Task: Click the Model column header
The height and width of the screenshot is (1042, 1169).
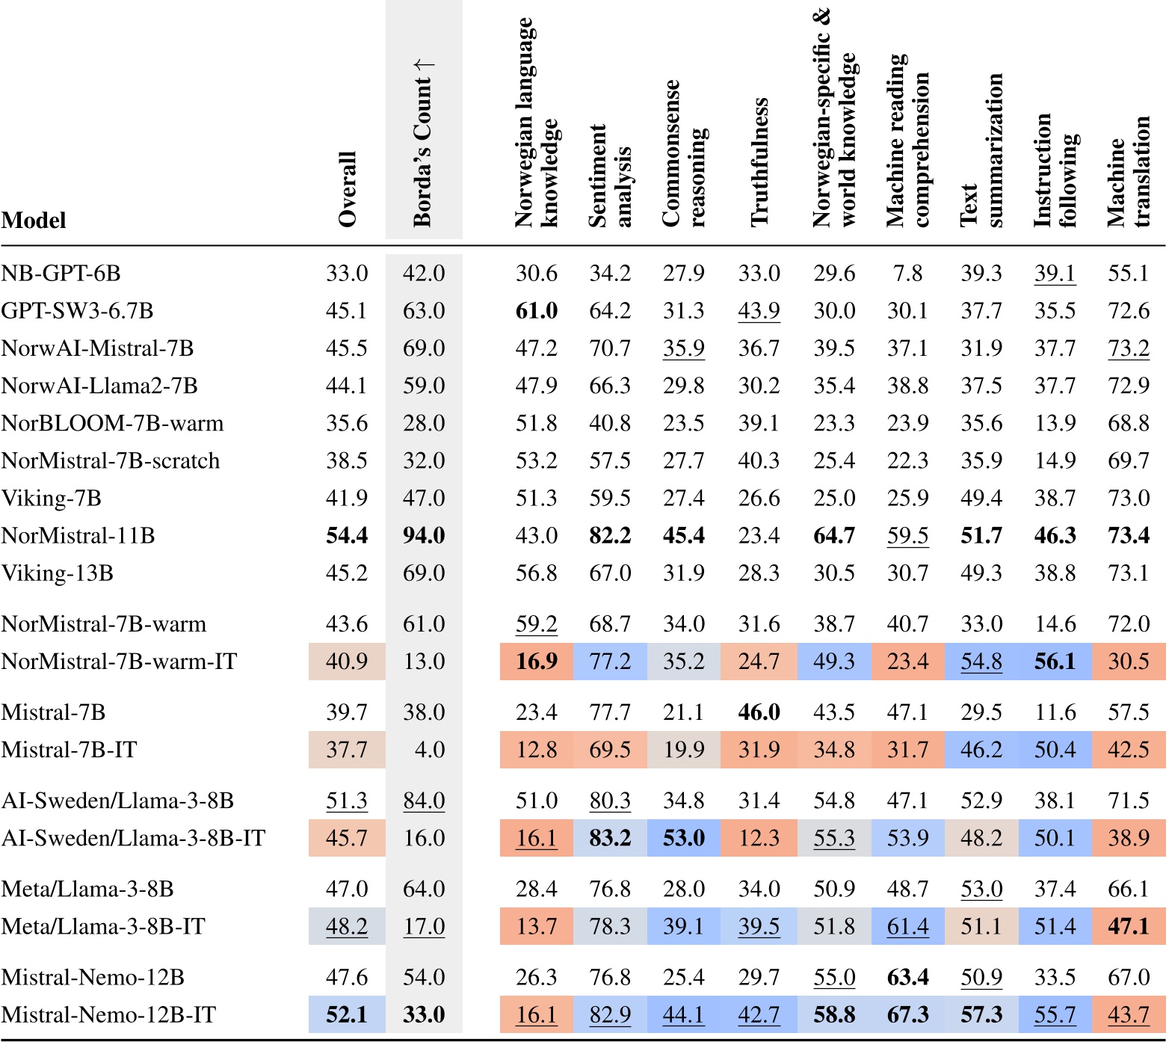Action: pyautogui.click(x=34, y=221)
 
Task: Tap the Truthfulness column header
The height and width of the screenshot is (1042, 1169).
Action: pyautogui.click(x=759, y=161)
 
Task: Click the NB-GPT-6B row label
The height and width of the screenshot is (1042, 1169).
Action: pyautogui.click(x=61, y=274)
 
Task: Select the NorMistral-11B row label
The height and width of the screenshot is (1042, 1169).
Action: pyautogui.click(x=78, y=536)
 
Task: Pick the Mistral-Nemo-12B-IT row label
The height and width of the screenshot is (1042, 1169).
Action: pyautogui.click(x=109, y=1015)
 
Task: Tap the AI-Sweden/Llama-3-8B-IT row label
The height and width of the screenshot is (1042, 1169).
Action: pyautogui.click(x=134, y=839)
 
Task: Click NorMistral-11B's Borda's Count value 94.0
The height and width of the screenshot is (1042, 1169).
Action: pyautogui.click(x=424, y=536)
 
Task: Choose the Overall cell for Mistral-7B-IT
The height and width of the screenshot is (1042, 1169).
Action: pyautogui.click(x=347, y=750)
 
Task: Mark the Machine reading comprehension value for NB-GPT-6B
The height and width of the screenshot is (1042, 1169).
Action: pyautogui.click(x=907, y=274)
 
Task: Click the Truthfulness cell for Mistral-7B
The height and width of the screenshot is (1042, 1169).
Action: pyautogui.click(x=759, y=712)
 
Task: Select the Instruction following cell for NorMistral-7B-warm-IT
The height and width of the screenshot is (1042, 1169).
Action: pyautogui.click(x=1055, y=662)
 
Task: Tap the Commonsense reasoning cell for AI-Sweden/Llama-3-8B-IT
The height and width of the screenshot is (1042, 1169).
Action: pyautogui.click(x=684, y=839)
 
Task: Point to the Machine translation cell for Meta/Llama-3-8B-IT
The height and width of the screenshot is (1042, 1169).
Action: pyautogui.click(x=1128, y=927)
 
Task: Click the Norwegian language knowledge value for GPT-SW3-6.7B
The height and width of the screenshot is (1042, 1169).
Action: pyautogui.click(x=537, y=311)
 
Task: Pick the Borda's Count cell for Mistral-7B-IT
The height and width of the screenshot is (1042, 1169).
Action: pyautogui.click(x=424, y=750)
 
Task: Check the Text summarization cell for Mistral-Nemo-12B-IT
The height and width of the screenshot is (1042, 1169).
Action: pyautogui.click(x=981, y=1015)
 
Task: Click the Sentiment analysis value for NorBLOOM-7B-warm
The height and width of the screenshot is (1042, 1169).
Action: pyautogui.click(x=610, y=423)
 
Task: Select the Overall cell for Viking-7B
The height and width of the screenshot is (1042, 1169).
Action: pyautogui.click(x=347, y=499)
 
